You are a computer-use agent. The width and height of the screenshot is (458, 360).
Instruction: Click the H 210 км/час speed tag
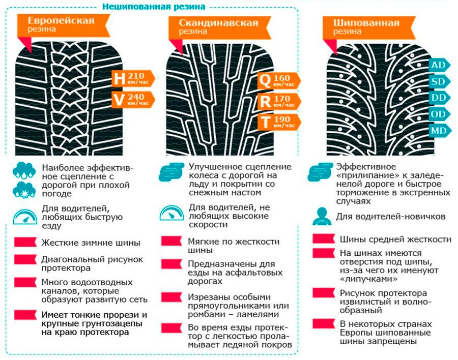pos(133,78)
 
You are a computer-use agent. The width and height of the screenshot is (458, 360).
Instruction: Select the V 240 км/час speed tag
pos(133,100)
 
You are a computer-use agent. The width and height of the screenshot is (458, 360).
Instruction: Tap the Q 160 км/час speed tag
pos(279,81)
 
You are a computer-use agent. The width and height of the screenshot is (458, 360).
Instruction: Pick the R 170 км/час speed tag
pos(279,101)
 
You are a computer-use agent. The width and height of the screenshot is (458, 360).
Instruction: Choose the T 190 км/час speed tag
pos(279,122)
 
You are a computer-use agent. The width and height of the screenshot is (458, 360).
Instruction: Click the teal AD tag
pos(440,65)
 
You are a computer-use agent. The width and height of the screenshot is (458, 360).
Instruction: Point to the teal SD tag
pos(440,81)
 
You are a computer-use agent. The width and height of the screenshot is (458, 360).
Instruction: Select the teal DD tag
pos(440,98)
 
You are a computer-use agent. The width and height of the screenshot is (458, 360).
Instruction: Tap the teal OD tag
pos(440,114)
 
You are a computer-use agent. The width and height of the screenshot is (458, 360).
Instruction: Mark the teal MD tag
pos(440,131)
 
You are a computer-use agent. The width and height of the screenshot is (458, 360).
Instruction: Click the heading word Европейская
pos(61,20)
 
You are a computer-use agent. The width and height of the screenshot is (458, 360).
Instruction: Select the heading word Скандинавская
pos(218,23)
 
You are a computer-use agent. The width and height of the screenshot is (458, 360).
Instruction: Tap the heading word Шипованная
pos(366,23)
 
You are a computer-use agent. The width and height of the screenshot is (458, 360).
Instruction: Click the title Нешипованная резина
pos(154,7)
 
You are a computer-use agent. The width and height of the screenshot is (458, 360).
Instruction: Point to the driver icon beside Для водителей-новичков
pos(322,216)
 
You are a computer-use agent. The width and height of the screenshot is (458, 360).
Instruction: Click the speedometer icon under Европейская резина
pos(25,217)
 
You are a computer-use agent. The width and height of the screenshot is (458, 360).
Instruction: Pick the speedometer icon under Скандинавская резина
pos(172,213)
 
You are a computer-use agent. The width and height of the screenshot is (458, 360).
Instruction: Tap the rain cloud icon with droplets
pos(24,170)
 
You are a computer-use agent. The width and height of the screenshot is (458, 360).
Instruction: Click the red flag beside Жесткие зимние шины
pos(25,242)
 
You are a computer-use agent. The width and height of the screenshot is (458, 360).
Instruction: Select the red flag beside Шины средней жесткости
pos(324,238)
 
